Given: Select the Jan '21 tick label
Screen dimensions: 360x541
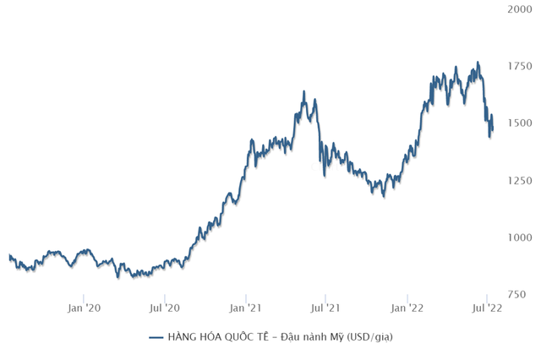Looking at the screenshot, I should point(246,308).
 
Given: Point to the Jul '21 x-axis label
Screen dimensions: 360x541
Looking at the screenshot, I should point(326,308).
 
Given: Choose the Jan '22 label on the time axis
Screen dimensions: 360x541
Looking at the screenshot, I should point(407,308).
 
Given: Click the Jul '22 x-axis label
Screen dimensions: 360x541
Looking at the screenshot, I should point(488,308).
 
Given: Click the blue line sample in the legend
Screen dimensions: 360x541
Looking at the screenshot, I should point(156,338).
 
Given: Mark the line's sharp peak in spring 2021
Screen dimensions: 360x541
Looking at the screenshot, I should point(303,92).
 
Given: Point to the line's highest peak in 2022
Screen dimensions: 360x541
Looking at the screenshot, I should point(478,62).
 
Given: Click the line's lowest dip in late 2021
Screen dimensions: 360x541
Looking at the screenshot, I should point(383,196).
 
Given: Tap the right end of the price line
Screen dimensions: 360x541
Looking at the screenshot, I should point(493,128).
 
